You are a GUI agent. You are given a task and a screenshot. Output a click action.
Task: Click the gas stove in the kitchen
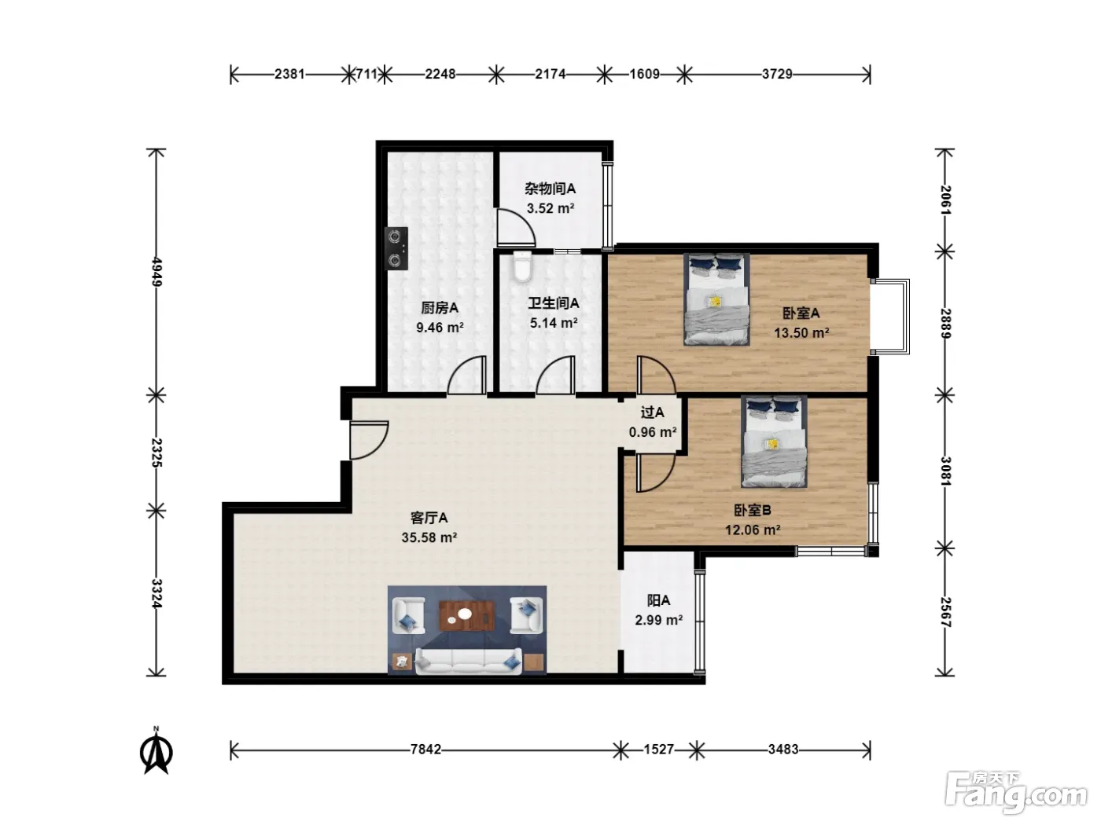tap(396, 248)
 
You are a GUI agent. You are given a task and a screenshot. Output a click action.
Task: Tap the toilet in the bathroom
tap(522, 266)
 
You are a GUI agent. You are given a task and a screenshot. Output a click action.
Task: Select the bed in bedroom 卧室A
tap(716, 299)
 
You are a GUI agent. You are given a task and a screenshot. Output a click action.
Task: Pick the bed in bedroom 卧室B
tap(774, 442)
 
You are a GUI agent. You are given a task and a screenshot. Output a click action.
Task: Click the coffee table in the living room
tap(466, 616)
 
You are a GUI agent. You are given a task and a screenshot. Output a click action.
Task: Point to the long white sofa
tap(469, 661)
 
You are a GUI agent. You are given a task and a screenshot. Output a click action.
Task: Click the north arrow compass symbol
tap(156, 751)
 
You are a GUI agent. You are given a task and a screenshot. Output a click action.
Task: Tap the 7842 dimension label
tap(425, 750)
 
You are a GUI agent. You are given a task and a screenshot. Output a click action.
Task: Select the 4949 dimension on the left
tap(156, 272)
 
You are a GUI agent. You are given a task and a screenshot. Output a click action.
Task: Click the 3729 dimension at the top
tap(777, 74)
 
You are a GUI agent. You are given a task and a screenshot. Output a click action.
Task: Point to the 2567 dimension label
tap(945, 612)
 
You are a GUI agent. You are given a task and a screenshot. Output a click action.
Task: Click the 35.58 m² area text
tap(429, 537)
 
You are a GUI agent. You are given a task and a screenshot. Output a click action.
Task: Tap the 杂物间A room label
tap(550, 189)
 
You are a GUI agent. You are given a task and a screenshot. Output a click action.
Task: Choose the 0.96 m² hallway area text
tap(653, 432)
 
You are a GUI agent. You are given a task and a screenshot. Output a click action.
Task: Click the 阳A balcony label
tap(658, 600)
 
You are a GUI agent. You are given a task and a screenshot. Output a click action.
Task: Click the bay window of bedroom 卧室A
tap(890, 317)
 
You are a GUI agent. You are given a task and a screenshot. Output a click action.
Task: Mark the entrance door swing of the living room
tap(369, 440)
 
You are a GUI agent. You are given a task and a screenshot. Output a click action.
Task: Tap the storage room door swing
tap(516, 228)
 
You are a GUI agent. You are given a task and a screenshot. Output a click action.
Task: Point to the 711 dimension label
tap(366, 74)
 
